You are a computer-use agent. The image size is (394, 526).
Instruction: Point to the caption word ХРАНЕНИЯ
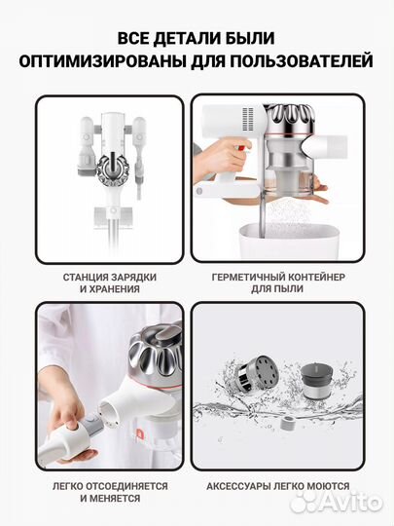coord(114,289)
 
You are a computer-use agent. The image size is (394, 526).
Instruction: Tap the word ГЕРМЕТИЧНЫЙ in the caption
coord(246,278)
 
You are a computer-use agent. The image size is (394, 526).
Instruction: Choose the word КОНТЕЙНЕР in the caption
coord(314,278)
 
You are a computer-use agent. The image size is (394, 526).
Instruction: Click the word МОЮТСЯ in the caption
coord(329,486)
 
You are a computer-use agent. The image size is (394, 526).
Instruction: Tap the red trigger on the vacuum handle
coord(244,148)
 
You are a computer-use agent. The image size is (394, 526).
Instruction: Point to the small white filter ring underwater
coord(287,423)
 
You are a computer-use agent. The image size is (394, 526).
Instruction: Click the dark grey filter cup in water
coord(315,381)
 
